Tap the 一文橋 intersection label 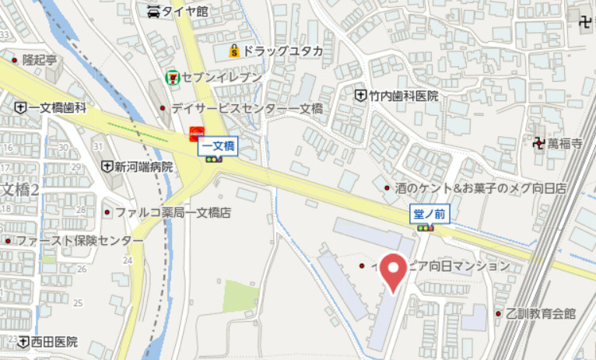219,145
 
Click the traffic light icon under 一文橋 212,159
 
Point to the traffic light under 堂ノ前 425,229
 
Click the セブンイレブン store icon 171,78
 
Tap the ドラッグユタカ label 282,51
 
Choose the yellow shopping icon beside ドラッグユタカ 233,51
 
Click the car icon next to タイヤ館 153,11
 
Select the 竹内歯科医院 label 403,96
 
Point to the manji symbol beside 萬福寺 537,143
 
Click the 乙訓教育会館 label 540,314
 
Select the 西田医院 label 54,341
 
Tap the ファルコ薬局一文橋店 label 174,211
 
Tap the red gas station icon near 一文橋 197,134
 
